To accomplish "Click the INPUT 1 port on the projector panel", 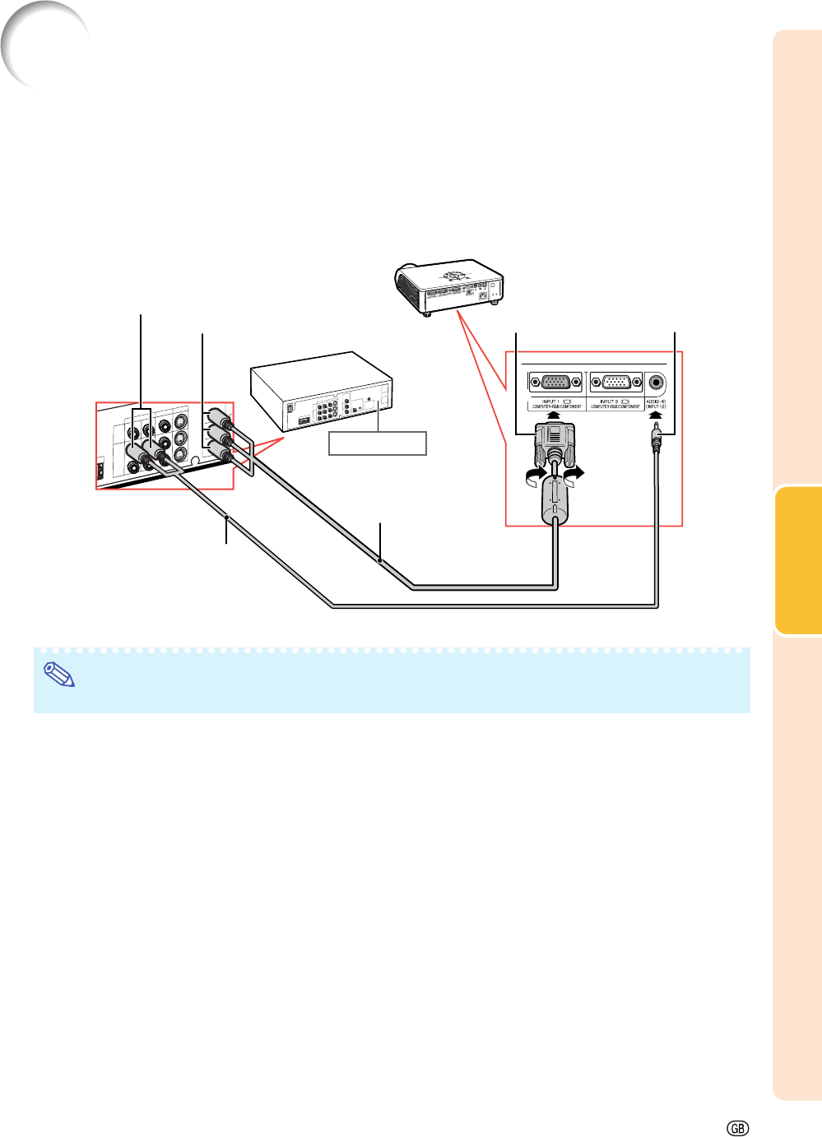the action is [555, 383].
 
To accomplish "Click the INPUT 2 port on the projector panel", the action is [616, 383].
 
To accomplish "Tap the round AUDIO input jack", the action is [656, 383].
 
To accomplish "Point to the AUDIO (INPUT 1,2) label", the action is [656, 404].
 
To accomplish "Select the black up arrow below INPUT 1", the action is [555, 415].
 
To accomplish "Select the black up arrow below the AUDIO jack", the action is [656, 415].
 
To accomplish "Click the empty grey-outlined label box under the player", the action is [378, 443].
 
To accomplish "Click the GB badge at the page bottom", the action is [738, 1128].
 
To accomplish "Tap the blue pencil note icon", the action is [58, 675].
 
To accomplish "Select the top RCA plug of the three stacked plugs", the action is [220, 416].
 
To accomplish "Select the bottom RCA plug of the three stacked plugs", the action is [220, 449].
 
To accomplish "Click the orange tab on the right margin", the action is [798, 560].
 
